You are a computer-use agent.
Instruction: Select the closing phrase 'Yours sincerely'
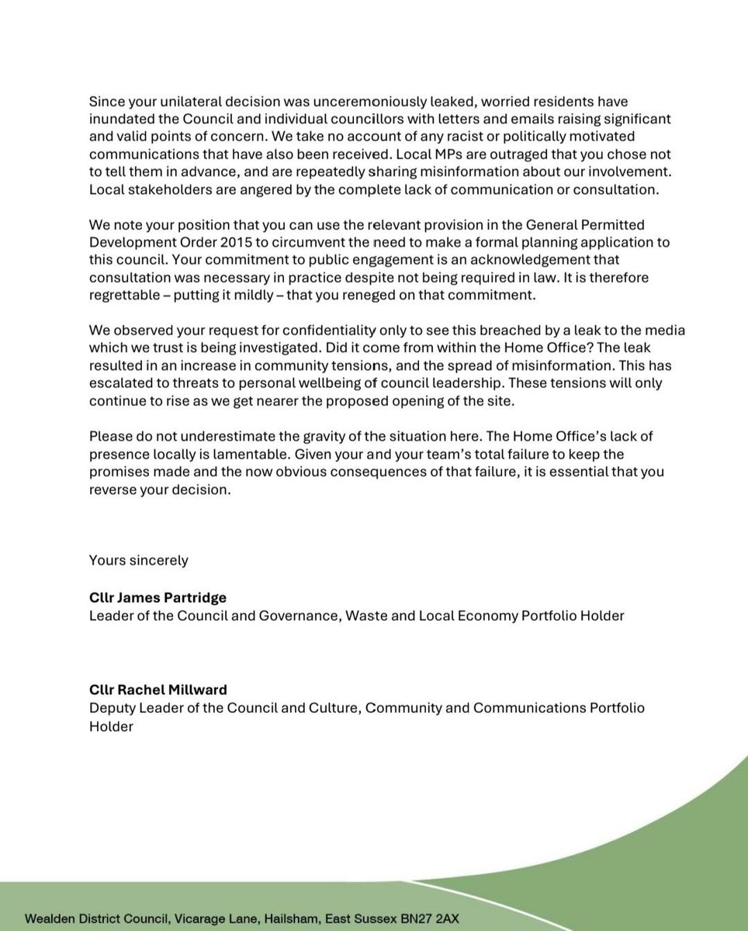[x=138, y=559]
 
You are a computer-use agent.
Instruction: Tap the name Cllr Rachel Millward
[x=156, y=691]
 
